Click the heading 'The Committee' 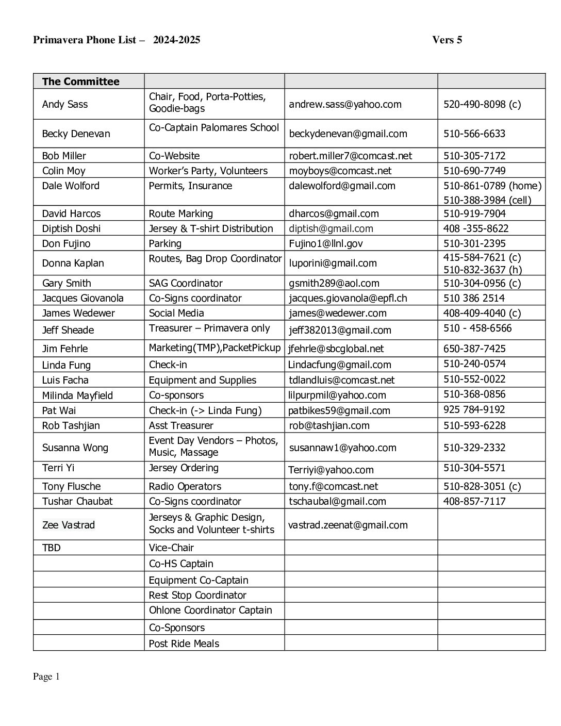[x=80, y=81]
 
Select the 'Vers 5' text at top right [x=447, y=40]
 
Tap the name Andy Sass [x=65, y=104]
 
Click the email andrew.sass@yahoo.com [x=345, y=104]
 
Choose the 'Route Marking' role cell [x=180, y=213]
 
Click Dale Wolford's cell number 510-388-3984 [x=487, y=200]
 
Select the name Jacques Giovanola [x=82, y=298]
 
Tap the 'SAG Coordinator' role [x=186, y=283]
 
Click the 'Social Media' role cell [x=176, y=313]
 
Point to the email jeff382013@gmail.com [x=340, y=330]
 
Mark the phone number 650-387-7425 [x=474, y=349]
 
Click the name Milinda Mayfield [x=77, y=395]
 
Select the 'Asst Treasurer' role [x=181, y=425]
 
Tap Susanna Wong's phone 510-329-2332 [x=474, y=448]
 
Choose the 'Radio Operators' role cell [x=185, y=486]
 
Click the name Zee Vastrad [x=69, y=525]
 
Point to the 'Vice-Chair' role [x=171, y=548]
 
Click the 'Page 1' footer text [x=46, y=676]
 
